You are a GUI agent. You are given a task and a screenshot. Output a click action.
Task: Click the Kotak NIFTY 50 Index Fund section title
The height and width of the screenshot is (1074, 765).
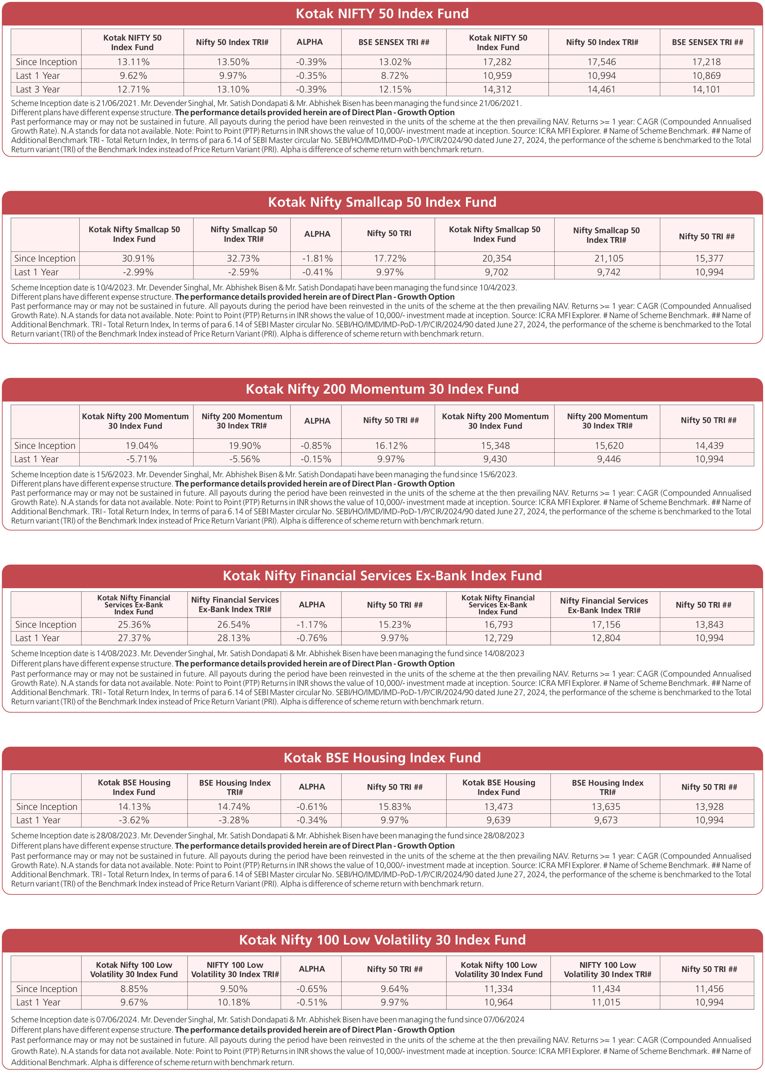382,14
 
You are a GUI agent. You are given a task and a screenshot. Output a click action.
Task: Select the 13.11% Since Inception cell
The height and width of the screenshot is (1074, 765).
133,62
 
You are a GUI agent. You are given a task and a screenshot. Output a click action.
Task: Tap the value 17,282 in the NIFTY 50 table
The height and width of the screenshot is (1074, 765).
497,62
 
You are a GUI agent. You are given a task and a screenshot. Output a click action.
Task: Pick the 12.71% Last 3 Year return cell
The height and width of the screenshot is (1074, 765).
133,89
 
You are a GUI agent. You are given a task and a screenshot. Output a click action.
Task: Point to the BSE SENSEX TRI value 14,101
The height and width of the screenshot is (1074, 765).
706,89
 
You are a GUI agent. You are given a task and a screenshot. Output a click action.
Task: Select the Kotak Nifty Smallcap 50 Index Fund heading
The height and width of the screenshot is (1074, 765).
382,202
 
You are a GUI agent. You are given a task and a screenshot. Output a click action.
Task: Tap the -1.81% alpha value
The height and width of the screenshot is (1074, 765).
317,258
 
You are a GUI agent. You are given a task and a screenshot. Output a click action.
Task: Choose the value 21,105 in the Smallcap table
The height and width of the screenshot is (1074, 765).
609,258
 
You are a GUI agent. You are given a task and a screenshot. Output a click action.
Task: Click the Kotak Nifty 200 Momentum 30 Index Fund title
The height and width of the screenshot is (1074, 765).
382,389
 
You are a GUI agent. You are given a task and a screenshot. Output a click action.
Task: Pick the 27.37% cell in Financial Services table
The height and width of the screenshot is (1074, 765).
134,638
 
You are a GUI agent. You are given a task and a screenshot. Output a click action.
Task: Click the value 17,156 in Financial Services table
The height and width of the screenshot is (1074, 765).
606,625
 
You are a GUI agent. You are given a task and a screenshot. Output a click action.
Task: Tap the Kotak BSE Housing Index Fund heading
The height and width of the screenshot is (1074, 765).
382,758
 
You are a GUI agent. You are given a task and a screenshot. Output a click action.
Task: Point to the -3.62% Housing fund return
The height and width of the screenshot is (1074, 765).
134,820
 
